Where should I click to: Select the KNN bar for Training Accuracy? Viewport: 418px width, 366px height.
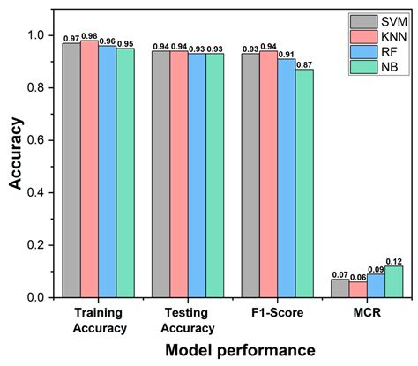(x=89, y=168)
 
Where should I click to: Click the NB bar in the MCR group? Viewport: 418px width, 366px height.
(x=393, y=282)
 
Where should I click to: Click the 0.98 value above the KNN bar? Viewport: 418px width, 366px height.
(x=89, y=35)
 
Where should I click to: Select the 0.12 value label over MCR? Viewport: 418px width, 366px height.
(x=393, y=261)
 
